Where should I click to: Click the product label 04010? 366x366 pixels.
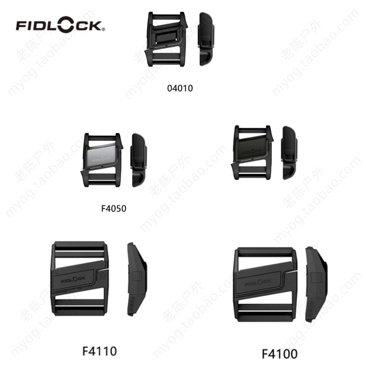[180, 88]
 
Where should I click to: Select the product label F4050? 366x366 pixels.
[113, 209]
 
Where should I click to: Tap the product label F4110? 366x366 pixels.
[99, 351]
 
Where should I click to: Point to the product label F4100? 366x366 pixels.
[280, 354]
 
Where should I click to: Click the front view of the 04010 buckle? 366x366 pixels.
[167, 39]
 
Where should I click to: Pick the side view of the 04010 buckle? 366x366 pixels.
[205, 39]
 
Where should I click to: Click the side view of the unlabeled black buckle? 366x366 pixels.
[289, 152]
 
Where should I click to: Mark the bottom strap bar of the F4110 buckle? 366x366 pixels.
[80, 311]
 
